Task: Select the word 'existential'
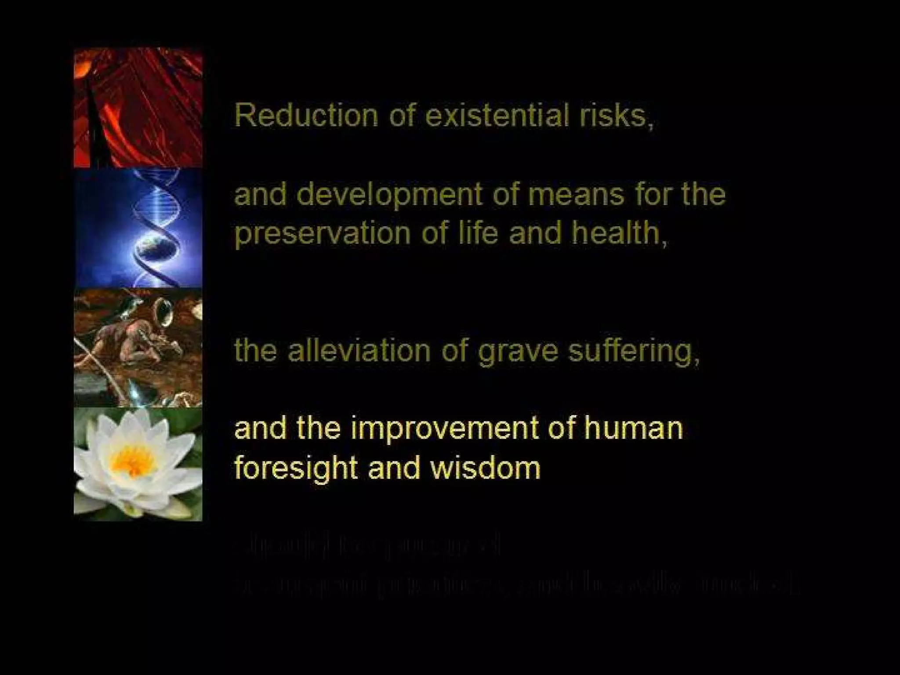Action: click(495, 115)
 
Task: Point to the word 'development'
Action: click(389, 195)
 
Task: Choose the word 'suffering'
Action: click(633, 352)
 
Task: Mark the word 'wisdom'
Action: click(485, 468)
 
